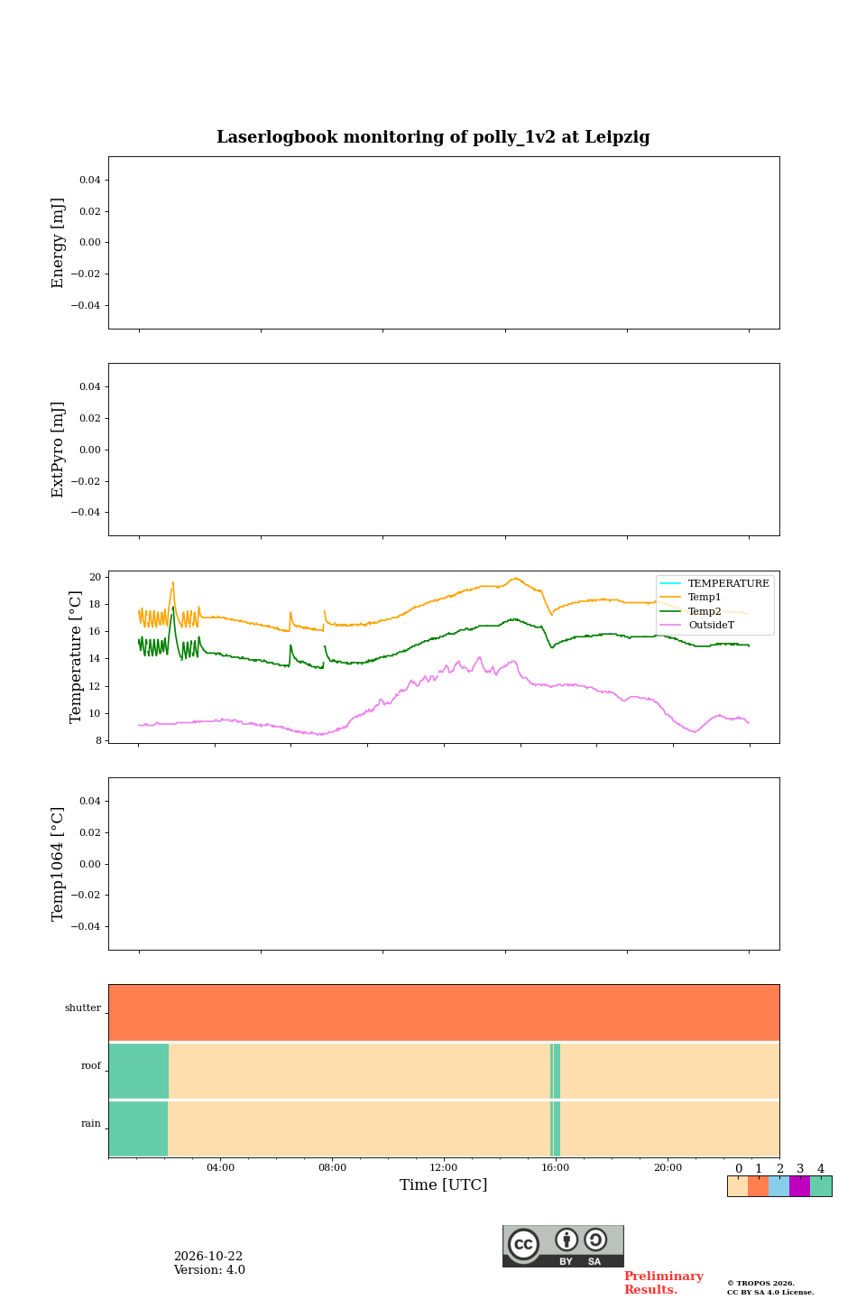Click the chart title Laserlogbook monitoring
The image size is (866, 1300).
coord(433,137)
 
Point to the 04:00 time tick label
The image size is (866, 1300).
coord(220,1167)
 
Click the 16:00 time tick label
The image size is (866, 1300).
coord(555,1167)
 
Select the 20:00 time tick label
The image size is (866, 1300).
coord(668,1167)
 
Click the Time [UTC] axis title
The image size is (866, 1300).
coord(443,1184)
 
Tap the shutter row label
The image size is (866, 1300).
coord(83,1007)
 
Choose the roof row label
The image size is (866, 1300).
coord(91,1065)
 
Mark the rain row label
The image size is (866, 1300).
coord(91,1123)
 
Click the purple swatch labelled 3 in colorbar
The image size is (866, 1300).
coord(799,1186)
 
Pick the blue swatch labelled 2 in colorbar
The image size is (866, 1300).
coord(779,1186)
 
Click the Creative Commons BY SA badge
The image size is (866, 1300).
coord(563,1246)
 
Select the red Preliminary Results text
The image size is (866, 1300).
coord(664,1282)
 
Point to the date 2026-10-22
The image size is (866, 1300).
coord(208,1256)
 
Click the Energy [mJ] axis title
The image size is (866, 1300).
coord(58,243)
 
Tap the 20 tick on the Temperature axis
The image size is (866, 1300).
coord(95,577)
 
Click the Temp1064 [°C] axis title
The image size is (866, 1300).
coord(58,864)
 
